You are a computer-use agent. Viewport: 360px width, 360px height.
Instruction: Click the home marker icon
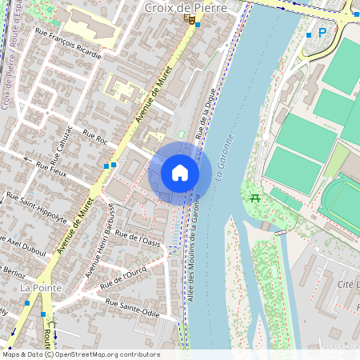click(x=180, y=173)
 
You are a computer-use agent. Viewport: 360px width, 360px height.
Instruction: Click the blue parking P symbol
click(x=322, y=33)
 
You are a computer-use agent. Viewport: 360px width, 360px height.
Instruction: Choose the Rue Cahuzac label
click(x=61, y=147)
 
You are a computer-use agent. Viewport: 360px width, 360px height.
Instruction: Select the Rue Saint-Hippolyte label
click(x=36, y=202)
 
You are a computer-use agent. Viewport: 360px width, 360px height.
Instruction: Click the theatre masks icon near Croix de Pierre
click(x=188, y=18)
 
